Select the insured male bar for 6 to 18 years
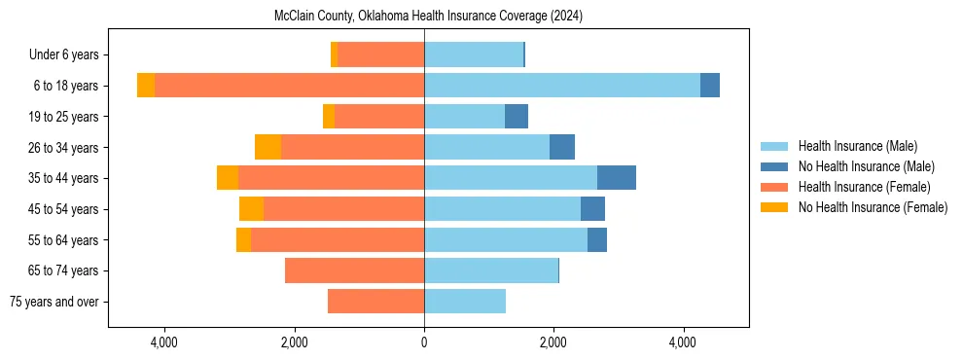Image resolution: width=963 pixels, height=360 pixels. [561, 86]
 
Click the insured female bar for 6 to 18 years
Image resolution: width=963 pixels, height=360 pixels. [289, 86]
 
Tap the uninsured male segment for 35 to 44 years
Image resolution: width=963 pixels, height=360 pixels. [616, 178]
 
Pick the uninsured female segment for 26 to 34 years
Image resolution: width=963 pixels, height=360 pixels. [267, 147]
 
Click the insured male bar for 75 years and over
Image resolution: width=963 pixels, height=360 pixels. [465, 302]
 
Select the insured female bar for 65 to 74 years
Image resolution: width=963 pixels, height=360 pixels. [354, 270]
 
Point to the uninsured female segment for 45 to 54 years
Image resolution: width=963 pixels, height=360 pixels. [251, 209]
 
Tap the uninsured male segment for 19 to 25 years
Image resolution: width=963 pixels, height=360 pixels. [517, 117]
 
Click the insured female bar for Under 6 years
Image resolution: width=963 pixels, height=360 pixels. [380, 54]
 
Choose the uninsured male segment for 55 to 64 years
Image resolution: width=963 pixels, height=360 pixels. [597, 239]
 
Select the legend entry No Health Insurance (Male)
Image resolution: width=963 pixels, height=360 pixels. [866, 166]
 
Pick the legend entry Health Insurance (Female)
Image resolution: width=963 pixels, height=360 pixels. [864, 187]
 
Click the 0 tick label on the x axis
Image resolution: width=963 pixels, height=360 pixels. [424, 342]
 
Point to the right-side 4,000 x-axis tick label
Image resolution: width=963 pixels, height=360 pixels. [683, 342]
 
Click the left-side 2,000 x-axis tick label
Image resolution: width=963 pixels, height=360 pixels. [294, 342]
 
